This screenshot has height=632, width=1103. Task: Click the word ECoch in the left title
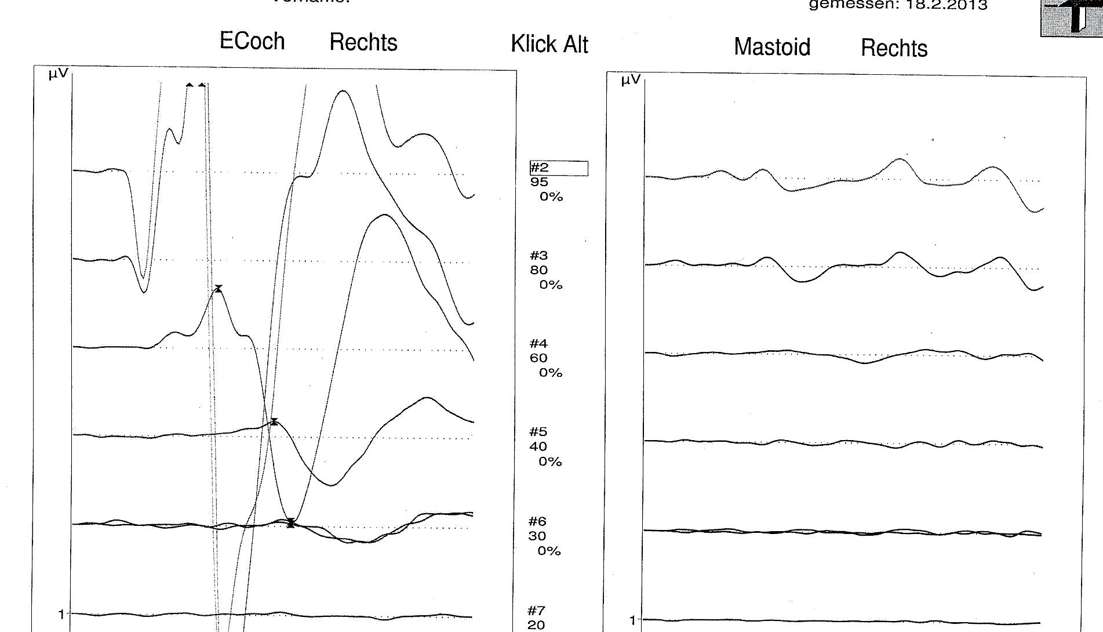252,41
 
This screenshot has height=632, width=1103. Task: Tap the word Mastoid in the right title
772,47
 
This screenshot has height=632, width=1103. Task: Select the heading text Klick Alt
549,44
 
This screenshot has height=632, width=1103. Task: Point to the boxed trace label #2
540,168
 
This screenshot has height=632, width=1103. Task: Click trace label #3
538,256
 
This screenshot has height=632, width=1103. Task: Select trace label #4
538,344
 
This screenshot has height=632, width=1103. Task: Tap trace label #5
538,432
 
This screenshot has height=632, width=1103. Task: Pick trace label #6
537,522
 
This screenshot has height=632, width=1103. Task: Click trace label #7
537,611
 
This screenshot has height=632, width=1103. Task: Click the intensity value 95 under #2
539,182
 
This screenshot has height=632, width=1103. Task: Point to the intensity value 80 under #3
538,270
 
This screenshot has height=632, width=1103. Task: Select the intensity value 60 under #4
538,358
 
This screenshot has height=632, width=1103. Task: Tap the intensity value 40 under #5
538,446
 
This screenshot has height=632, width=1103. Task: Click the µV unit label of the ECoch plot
58,74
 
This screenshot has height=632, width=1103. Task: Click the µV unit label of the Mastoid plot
631,79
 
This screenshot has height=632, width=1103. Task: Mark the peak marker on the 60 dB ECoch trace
219,288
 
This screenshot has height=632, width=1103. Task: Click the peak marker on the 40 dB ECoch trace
274,422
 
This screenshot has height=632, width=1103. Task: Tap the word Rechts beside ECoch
363,42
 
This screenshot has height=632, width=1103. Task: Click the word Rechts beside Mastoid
894,48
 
